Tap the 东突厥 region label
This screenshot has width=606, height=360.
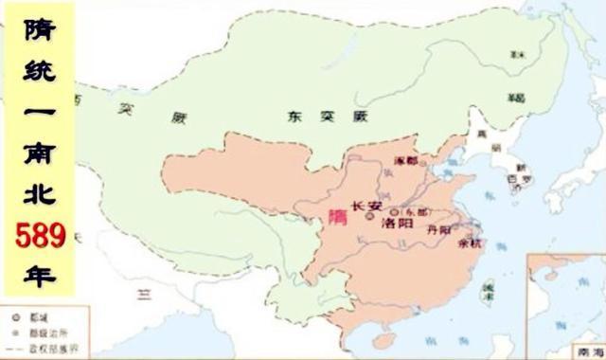(312, 117)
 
